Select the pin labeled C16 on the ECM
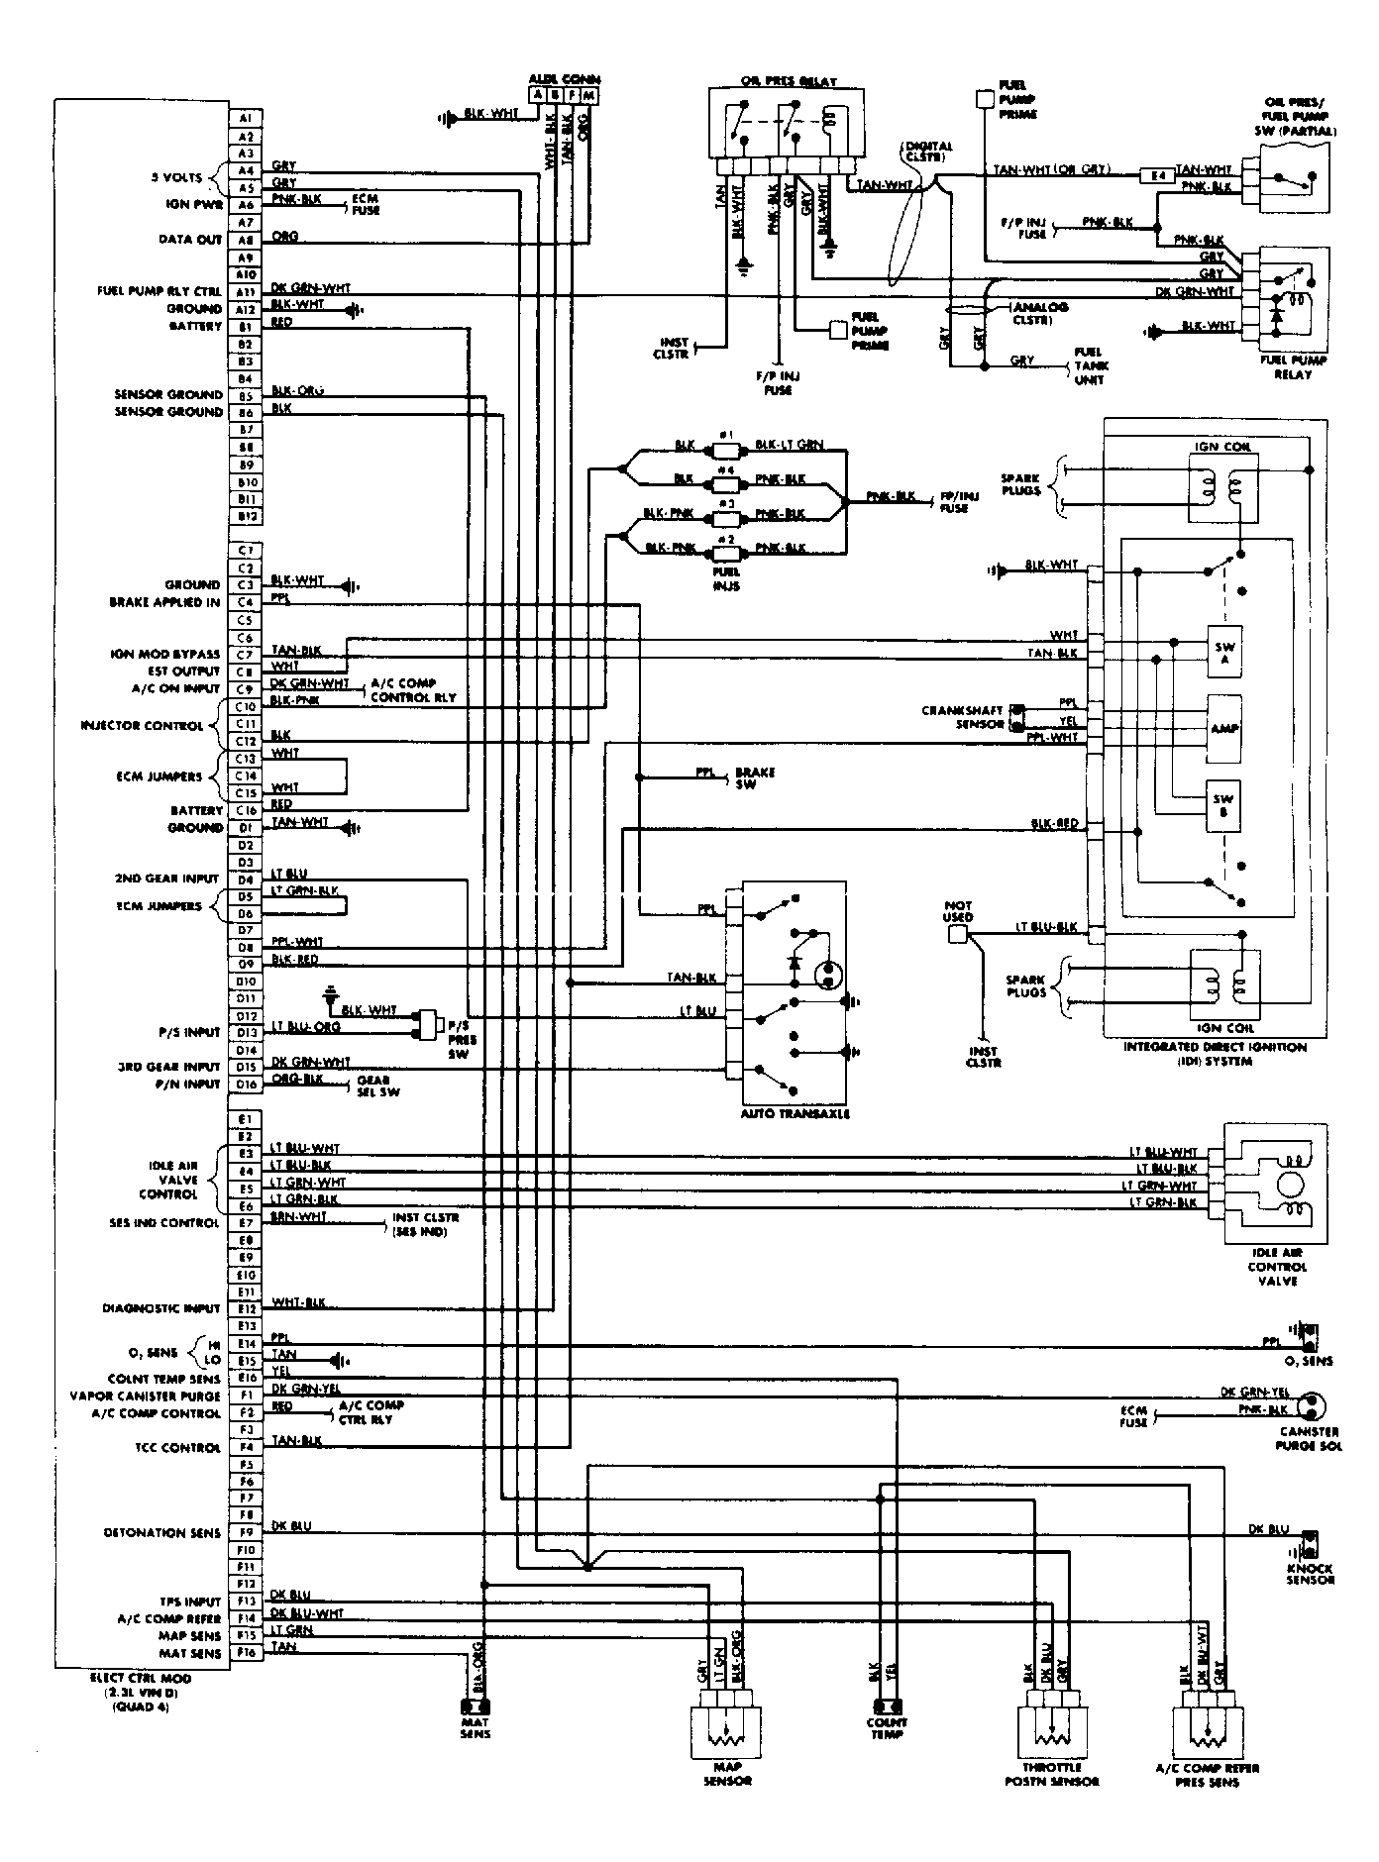pos(246,810)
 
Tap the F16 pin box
pos(246,1653)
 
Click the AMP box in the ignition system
pos(1224,728)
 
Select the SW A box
pos(1224,651)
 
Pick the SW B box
pos(1224,804)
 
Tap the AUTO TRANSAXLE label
pos(795,1113)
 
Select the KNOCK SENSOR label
pos(1310,1574)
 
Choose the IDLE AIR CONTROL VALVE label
pos(1277,1267)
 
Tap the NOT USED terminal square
pos(957,934)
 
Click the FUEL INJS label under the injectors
pos(726,579)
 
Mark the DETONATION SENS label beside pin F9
pos(162,1532)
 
